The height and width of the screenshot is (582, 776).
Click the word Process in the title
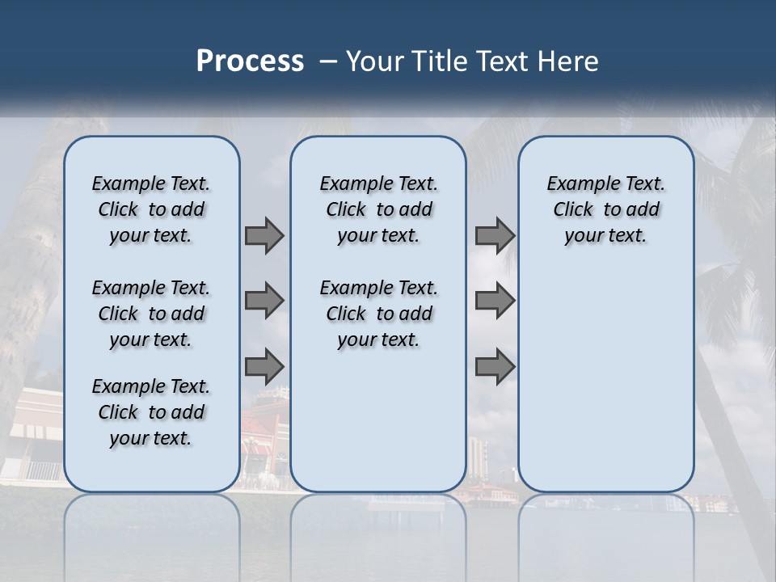[x=250, y=61]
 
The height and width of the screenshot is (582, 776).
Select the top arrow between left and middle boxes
[x=264, y=236]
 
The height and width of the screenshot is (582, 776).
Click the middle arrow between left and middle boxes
[x=264, y=301]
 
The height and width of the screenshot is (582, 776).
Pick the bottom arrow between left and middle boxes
[x=264, y=366]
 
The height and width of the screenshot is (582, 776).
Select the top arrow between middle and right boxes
[x=495, y=236]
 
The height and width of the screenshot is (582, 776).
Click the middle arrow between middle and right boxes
[x=495, y=301]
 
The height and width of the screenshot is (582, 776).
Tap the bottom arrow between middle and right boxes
[x=495, y=366]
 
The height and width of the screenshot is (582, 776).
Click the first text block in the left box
[x=151, y=209]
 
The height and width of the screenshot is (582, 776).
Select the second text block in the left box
[x=151, y=314]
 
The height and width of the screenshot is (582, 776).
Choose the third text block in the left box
[x=151, y=412]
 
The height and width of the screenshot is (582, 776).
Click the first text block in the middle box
[x=378, y=209]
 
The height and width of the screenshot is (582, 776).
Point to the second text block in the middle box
[x=378, y=314]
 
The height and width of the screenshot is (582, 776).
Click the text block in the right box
[x=605, y=209]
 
